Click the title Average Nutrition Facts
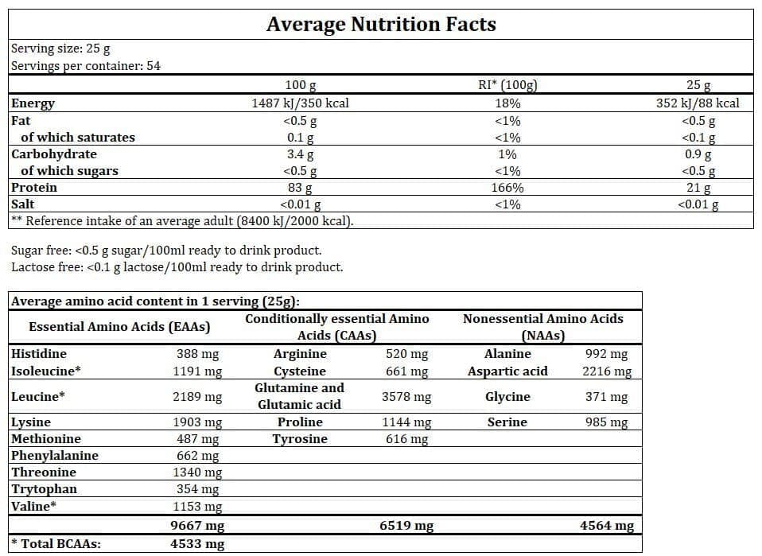(381, 24)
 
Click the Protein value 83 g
(301, 188)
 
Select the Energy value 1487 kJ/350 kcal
(301, 103)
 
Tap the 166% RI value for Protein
(507, 188)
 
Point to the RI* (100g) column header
(507, 86)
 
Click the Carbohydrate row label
(54, 154)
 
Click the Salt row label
(23, 204)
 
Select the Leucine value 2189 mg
(198, 397)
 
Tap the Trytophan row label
(45, 489)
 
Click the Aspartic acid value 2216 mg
(607, 371)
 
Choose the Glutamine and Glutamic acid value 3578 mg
(406, 397)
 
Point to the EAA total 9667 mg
(198, 526)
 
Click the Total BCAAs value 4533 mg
(198, 545)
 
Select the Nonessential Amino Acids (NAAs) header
(542, 327)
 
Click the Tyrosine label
(299, 439)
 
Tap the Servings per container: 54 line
(86, 66)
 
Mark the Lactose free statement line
(177, 267)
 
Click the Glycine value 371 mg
(607, 397)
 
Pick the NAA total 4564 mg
(607, 526)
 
